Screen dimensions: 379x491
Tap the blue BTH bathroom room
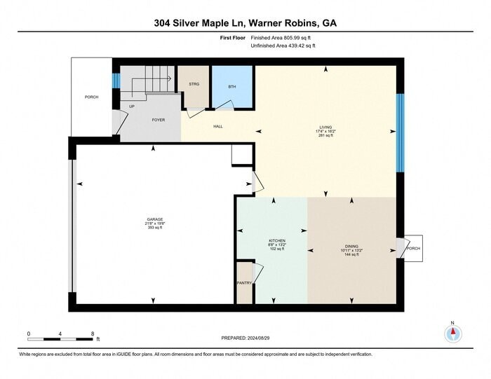233,87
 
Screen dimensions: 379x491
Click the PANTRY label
243,282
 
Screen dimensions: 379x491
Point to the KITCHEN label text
277,240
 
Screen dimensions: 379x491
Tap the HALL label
218,127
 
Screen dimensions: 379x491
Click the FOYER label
159,120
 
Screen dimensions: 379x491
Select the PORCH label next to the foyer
91,97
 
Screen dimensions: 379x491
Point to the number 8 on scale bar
93,333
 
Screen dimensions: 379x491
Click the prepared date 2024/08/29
244,337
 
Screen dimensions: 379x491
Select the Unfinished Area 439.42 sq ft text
283,46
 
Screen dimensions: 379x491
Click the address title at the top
245,22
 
